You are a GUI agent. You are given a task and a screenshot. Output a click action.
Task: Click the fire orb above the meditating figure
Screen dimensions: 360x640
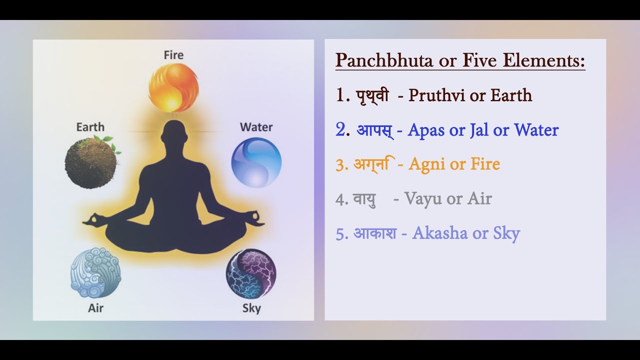(173, 87)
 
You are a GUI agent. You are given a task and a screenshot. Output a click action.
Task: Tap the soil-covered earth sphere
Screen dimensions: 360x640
(90, 162)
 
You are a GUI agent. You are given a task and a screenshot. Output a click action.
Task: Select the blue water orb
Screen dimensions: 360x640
(256, 162)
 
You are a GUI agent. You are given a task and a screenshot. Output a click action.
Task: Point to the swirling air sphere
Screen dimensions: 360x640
(95, 273)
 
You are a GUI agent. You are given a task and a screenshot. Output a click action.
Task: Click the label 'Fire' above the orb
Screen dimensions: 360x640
(173, 55)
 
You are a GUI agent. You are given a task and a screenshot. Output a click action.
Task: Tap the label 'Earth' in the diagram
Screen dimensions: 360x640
(90, 127)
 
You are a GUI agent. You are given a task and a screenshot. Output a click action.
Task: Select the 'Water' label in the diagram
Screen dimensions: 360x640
(256, 127)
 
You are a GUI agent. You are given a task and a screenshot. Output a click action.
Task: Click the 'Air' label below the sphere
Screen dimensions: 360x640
(95, 307)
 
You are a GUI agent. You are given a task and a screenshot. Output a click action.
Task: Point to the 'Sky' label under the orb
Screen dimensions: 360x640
(251, 308)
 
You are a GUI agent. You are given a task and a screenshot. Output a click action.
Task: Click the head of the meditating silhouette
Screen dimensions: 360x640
(173, 134)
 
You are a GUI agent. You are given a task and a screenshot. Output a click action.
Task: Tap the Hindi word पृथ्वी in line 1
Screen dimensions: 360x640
(372, 95)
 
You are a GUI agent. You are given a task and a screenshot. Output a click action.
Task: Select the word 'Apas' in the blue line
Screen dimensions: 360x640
(426, 130)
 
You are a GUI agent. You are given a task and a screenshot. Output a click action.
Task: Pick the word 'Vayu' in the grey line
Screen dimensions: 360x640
(423, 198)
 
